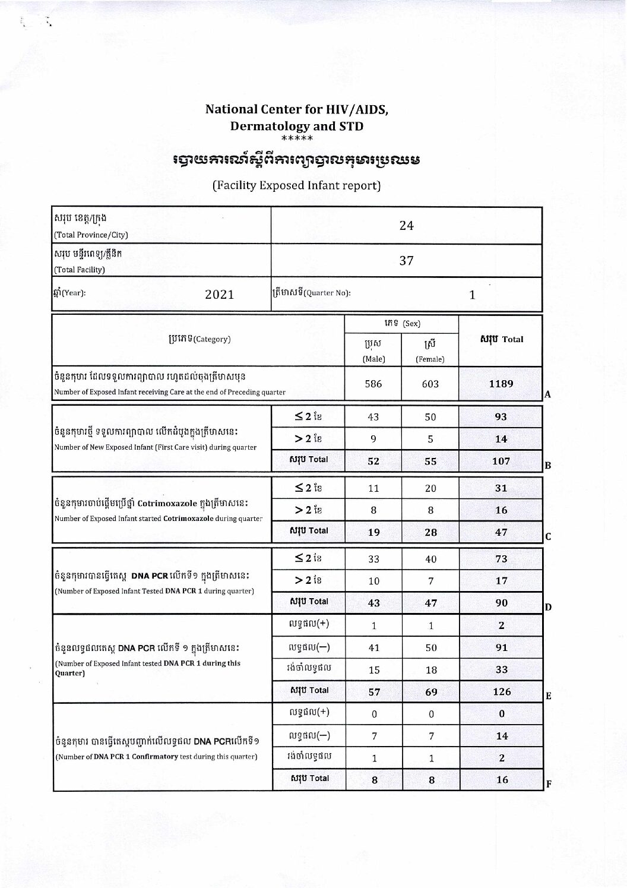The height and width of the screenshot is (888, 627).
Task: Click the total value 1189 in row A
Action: [501, 384]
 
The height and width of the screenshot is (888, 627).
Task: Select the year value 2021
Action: [220, 295]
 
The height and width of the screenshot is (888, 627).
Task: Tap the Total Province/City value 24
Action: [406, 226]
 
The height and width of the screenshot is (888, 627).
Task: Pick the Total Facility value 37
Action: [406, 261]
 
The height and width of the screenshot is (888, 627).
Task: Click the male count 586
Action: [373, 384]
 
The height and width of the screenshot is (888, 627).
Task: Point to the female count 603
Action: [430, 384]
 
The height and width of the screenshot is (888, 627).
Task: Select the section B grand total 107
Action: [501, 461]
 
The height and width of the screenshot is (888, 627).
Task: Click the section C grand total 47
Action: [501, 532]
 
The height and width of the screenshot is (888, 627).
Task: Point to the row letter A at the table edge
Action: [548, 394]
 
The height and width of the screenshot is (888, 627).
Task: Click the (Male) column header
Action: [374, 359]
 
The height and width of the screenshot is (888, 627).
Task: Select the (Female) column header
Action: [430, 359]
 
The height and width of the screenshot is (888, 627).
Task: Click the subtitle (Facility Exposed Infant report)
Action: [296, 185]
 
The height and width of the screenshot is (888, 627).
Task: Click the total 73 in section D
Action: [501, 559]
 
